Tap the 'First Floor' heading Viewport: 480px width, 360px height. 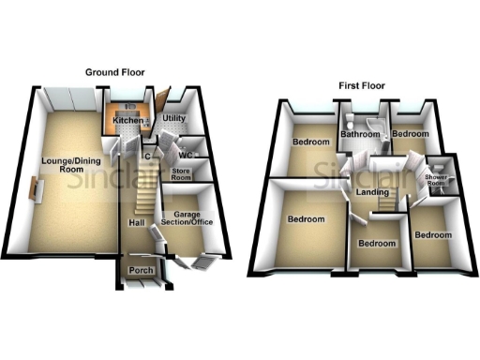point(361,85)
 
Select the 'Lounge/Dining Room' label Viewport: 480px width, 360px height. point(64,165)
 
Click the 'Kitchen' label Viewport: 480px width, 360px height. point(127,122)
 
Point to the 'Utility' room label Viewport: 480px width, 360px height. point(174,119)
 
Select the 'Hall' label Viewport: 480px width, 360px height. point(136,222)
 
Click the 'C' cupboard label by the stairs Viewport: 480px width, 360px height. point(148,155)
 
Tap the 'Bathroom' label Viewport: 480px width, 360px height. point(359,135)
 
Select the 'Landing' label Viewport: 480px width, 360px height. point(373,193)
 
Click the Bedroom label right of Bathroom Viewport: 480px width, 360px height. point(410,134)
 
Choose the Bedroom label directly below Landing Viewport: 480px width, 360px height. point(378,243)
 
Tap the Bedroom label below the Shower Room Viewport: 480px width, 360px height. point(434,234)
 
